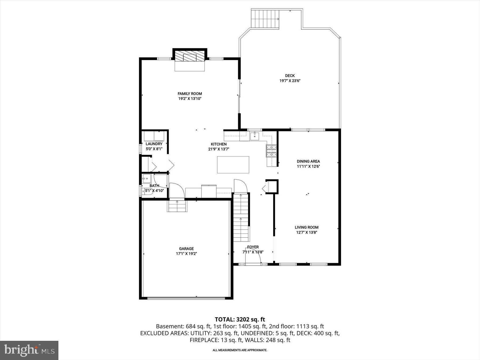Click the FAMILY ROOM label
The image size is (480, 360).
point(190,94)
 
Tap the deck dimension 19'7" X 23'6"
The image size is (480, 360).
point(290,81)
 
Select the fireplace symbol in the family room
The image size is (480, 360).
point(190,57)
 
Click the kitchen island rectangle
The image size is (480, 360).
point(233,165)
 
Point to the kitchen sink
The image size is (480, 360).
point(254,136)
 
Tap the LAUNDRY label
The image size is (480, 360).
point(154,144)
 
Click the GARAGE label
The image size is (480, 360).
point(186,249)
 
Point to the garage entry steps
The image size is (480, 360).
point(177,206)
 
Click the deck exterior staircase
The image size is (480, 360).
point(265,19)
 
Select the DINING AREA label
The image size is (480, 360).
point(308,161)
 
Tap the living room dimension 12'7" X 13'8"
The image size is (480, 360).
point(307,232)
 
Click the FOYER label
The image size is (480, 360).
point(253,247)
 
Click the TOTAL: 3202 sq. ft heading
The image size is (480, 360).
point(240,319)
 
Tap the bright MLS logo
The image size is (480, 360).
point(29,350)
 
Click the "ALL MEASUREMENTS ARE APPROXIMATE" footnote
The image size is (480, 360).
point(240,350)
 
